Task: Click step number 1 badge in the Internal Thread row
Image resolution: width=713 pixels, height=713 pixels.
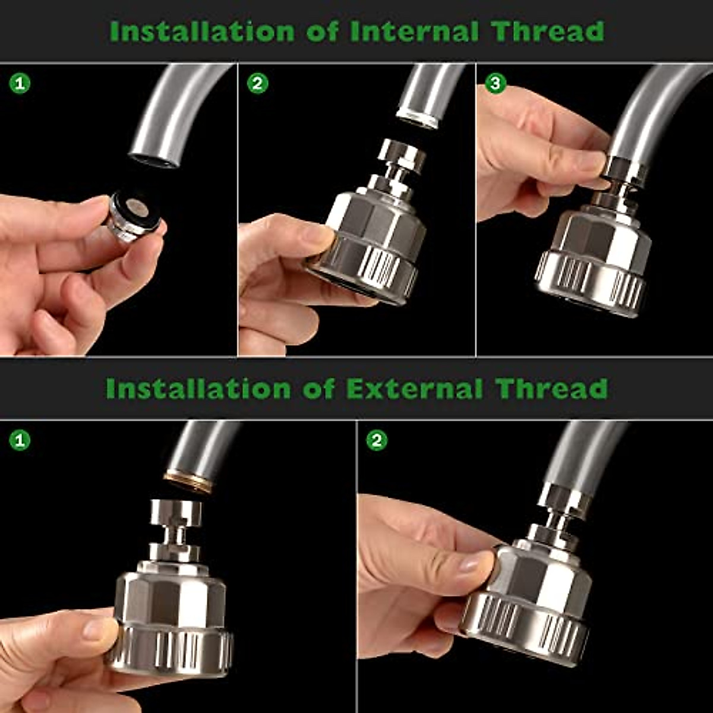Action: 20,84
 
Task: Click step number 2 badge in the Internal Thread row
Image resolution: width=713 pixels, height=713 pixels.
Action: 257,84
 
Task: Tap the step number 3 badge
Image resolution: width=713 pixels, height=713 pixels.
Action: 496,84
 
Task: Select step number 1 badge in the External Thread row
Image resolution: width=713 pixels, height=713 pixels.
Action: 20,440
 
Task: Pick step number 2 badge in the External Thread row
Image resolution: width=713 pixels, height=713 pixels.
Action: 377,440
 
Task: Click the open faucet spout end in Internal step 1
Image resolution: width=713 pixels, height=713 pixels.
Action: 153,159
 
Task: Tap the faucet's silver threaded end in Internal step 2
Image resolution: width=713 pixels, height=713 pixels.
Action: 418,118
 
